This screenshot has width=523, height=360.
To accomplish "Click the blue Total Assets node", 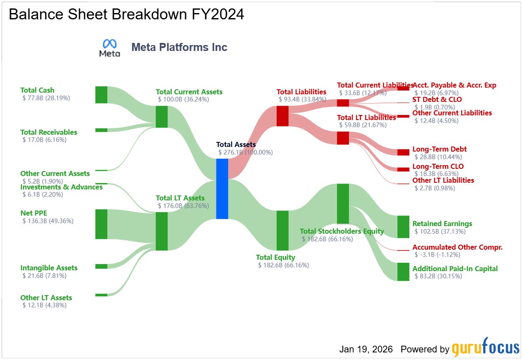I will pos(222,189).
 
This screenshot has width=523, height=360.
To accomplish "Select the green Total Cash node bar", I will pos(101,95).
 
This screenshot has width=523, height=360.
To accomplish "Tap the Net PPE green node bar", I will pos(101,224).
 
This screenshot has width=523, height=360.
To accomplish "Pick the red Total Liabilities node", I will pos(282,116).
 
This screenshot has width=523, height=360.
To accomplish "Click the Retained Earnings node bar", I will pos(403,227).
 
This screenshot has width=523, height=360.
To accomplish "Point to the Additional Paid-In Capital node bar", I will pos(403,272).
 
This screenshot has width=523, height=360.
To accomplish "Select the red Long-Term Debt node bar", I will pos(403,152).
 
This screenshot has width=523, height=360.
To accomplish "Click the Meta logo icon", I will pos(109,48).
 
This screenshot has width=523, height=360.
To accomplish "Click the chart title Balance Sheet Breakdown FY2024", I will pos(126,14).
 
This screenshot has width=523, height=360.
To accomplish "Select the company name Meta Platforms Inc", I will pos(179,47).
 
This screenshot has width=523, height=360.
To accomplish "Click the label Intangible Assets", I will pos(49,268).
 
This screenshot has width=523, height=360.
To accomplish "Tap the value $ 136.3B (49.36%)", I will pos(48,221).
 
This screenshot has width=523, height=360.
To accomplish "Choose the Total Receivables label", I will pos(49,132).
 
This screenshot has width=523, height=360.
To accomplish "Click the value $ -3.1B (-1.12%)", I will pos(437,255).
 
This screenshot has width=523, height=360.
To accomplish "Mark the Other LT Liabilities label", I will pos(443,180).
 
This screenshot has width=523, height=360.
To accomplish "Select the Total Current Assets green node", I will pos(162,117).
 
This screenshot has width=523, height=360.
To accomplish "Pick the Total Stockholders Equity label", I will pos(342,231).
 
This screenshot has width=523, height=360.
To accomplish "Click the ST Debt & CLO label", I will pos(437,100).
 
